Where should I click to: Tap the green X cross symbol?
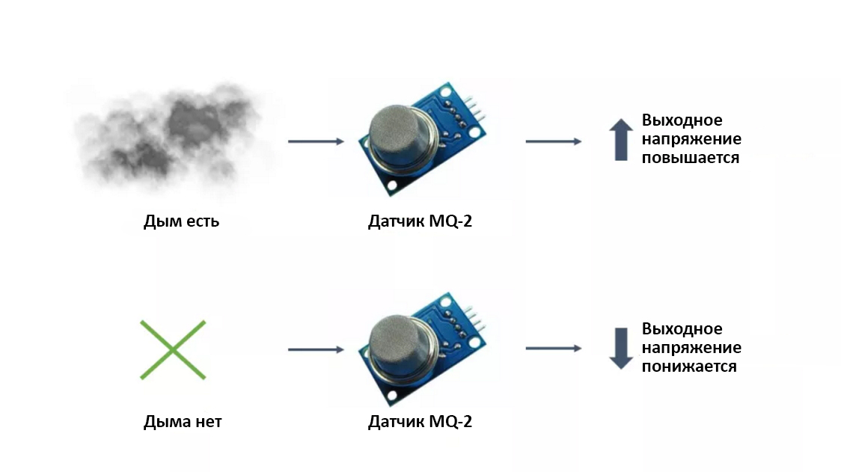173,349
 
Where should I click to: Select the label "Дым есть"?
181,221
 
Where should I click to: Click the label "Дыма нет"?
183,422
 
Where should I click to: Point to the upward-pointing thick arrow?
620,141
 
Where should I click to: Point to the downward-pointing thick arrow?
620,349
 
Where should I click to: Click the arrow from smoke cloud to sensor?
315,141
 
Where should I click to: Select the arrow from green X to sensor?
315,349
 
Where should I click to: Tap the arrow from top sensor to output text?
553,141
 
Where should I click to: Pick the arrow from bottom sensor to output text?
553,348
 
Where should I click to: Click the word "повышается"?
690,158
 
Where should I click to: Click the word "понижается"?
688,367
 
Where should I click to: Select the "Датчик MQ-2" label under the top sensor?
420,221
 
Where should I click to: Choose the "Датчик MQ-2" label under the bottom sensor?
420,422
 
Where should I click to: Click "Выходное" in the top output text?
682,120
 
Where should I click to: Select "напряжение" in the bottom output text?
691,348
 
